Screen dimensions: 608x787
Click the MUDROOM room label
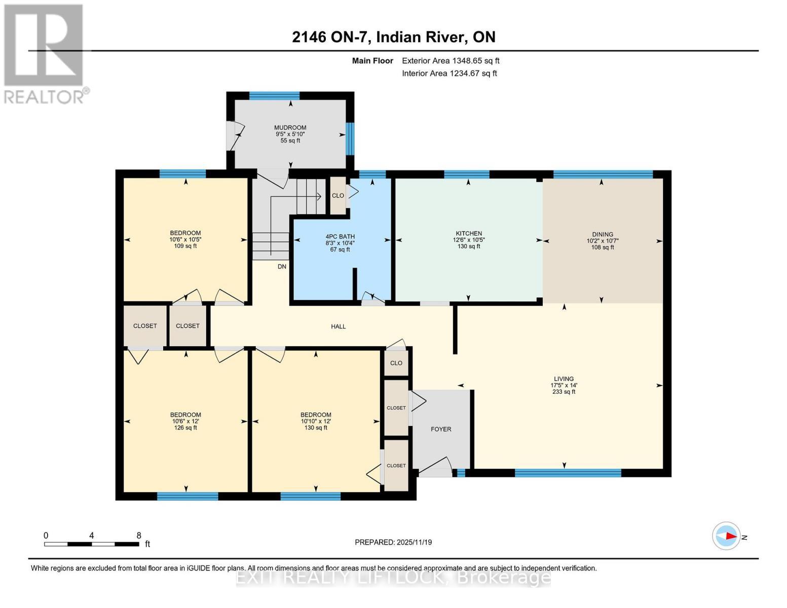[x=290, y=128]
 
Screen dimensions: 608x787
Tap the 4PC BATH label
[x=340, y=237]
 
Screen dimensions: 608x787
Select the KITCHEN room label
[x=468, y=234]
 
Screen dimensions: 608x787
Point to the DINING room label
[x=603, y=235]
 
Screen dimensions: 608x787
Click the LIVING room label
[x=564, y=379]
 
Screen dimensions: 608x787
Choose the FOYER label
[x=441, y=429]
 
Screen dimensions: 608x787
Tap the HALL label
[x=338, y=327]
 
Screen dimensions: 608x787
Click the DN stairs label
[x=282, y=267]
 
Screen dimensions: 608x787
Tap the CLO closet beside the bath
[x=338, y=196]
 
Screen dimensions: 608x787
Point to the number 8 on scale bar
[x=138, y=536]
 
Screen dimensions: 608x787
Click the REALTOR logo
[x=45, y=53]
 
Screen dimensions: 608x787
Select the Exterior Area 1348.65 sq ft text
[x=450, y=61]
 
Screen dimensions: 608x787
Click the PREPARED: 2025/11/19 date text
[x=393, y=542]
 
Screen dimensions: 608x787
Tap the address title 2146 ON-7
[x=393, y=37]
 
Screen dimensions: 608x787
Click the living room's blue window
[x=568, y=473]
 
